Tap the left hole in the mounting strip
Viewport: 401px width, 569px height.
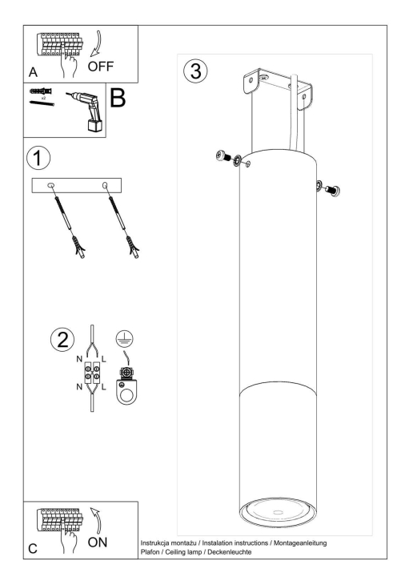[x=52, y=187]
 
